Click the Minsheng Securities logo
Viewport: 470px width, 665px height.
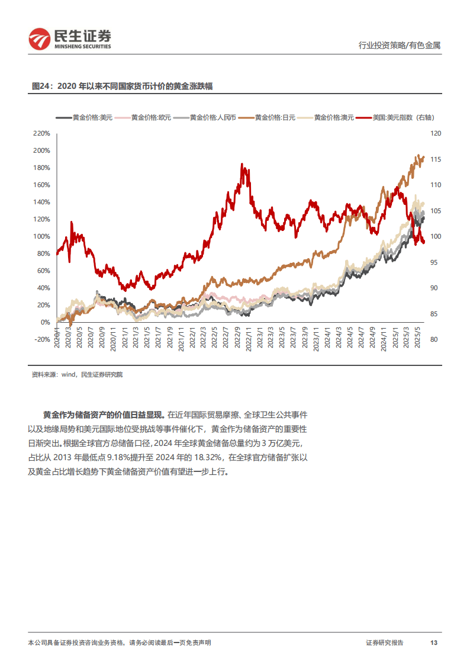coord(69,39)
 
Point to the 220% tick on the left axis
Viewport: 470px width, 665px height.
coord(41,134)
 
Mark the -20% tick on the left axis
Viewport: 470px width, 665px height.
coord(41,340)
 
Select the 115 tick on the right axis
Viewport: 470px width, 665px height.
coord(436,160)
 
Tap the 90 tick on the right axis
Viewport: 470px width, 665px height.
coord(434,288)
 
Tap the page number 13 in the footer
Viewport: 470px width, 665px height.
coord(433,643)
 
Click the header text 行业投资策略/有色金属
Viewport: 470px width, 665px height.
coord(400,46)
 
